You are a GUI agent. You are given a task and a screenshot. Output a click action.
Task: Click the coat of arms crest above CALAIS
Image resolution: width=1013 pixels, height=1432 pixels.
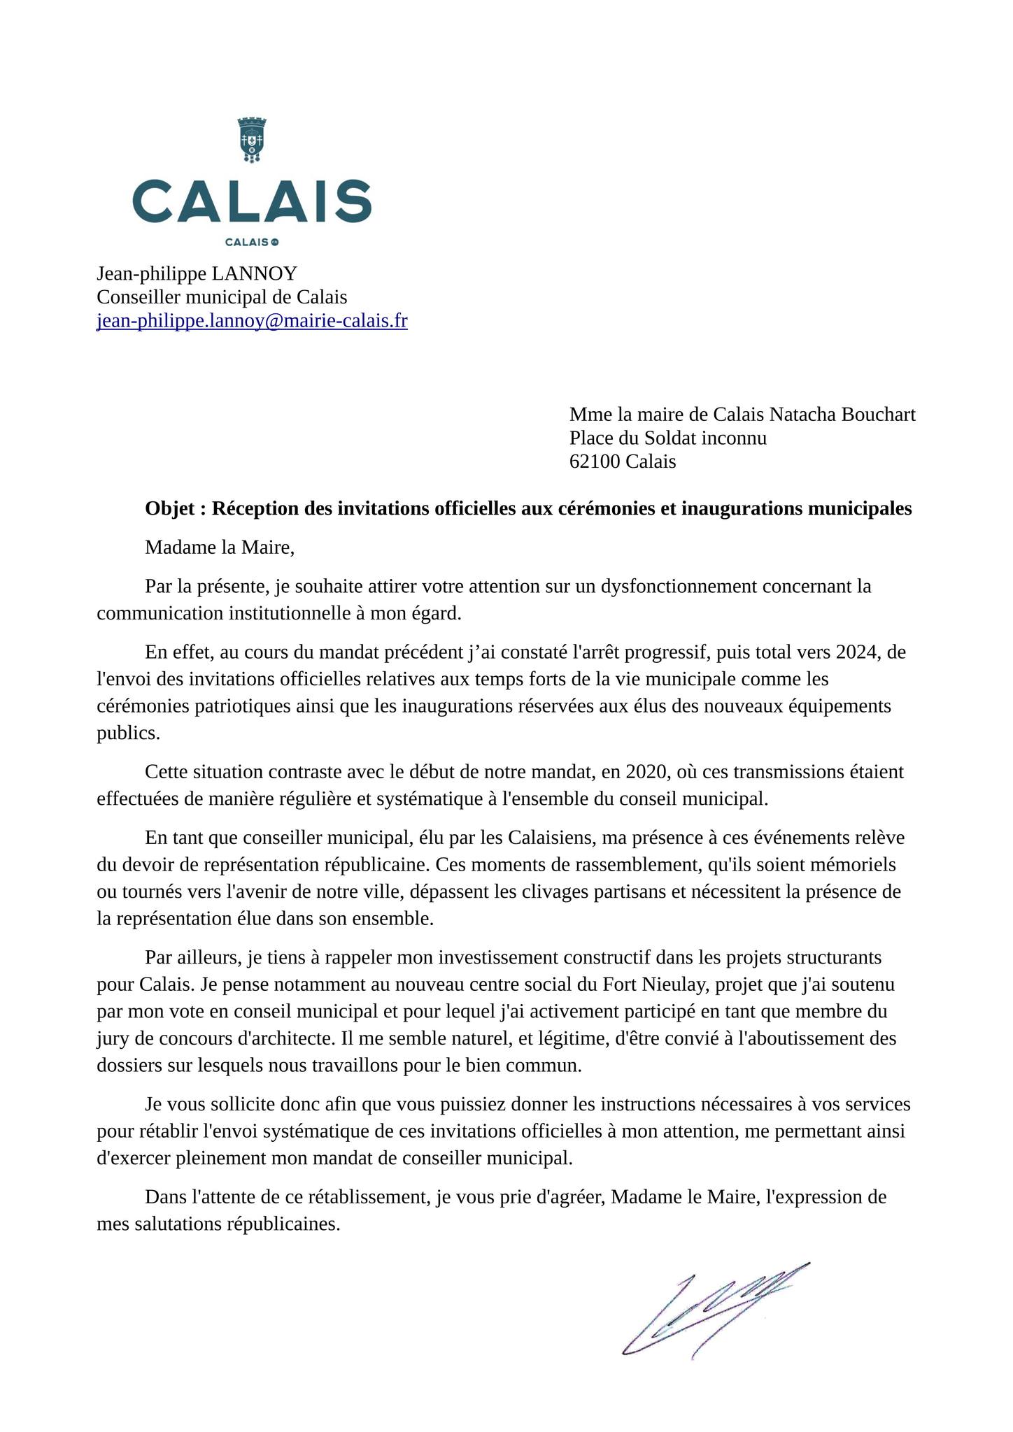[252, 140]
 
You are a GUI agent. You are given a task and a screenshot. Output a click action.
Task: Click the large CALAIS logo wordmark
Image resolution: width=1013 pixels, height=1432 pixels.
[252, 201]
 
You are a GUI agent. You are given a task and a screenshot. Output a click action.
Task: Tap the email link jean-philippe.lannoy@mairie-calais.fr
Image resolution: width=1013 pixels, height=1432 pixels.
[252, 321]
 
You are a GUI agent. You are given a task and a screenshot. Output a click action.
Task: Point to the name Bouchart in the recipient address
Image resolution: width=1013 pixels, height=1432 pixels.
[878, 415]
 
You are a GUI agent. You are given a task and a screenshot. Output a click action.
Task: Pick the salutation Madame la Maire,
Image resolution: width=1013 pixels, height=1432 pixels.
[220, 547]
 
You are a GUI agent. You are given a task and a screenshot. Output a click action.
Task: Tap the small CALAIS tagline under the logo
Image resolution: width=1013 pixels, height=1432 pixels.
[252, 243]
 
